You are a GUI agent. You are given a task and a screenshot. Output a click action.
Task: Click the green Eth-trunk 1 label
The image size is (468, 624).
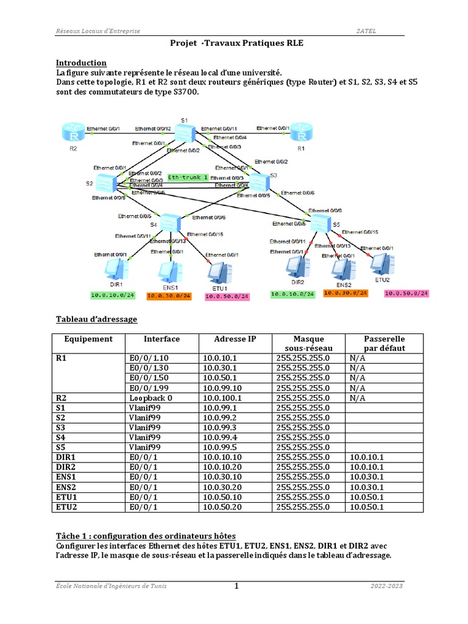click(188, 177)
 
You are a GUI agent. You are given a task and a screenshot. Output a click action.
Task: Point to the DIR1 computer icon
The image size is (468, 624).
click(114, 269)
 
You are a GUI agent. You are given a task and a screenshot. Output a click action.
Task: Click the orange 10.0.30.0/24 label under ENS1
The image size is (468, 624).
click(169, 296)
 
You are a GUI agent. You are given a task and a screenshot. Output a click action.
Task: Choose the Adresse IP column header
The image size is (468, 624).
click(235, 339)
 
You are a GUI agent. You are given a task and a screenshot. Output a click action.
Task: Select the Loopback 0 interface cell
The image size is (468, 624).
click(151, 397)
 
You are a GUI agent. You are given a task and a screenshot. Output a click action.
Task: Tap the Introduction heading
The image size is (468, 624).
click(81, 63)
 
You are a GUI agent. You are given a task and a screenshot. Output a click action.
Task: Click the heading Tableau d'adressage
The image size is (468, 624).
click(96, 319)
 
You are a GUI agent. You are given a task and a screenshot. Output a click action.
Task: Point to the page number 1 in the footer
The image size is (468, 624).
click(236, 586)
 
